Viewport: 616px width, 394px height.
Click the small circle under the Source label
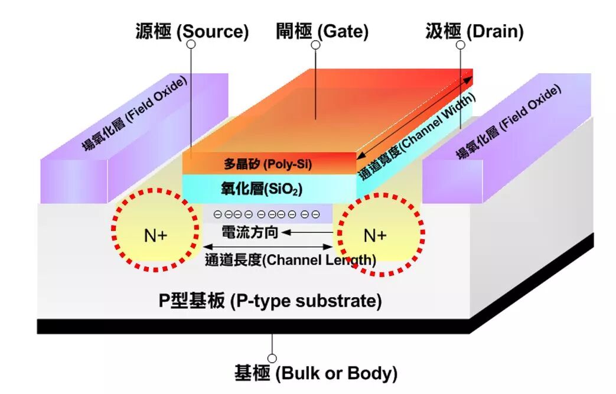point(190,45)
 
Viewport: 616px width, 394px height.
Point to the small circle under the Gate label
point(315,45)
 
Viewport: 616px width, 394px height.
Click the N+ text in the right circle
point(374,236)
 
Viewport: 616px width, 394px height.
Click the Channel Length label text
point(290,260)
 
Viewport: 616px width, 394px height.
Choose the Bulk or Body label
point(316,373)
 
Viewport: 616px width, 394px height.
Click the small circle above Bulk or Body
point(272,358)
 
